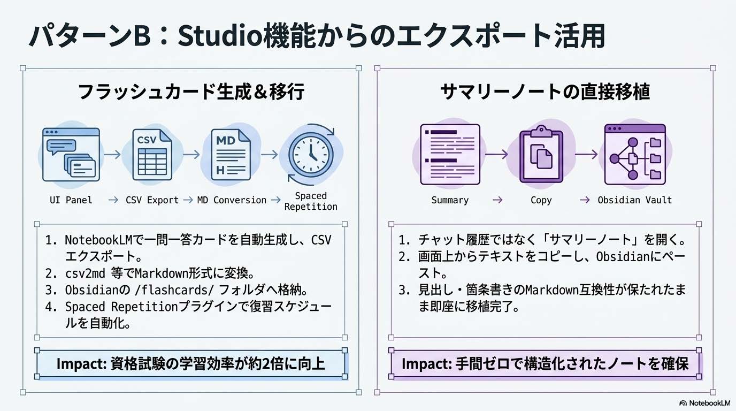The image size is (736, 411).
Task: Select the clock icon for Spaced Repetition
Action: pyautogui.click(x=311, y=154)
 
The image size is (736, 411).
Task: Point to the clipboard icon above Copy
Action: pyautogui.click(x=541, y=154)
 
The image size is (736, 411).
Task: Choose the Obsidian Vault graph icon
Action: pyautogui.click(x=634, y=154)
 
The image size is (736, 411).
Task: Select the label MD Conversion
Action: pyautogui.click(x=232, y=200)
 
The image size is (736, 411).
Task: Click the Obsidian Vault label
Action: pyautogui.click(x=634, y=200)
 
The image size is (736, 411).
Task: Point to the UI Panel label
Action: pyautogui.click(x=71, y=200)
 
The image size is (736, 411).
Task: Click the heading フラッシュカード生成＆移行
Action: pyautogui.click(x=191, y=92)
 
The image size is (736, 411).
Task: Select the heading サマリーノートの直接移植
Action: pyautogui.click(x=545, y=92)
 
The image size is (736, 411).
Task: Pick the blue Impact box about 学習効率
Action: pyautogui.click(x=191, y=364)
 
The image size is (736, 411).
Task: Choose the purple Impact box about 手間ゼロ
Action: pyautogui.click(x=545, y=364)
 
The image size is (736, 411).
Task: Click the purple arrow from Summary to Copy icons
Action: pyautogui.click(x=496, y=154)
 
